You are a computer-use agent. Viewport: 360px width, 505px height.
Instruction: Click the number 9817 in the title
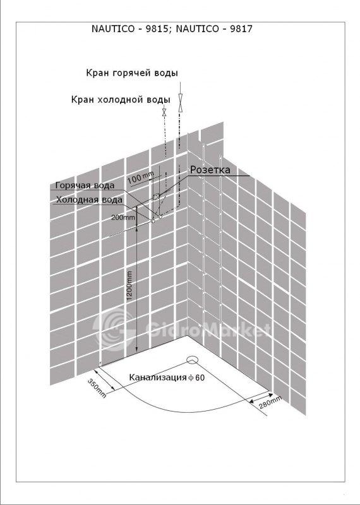241,29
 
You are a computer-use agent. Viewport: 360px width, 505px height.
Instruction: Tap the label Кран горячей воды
132,73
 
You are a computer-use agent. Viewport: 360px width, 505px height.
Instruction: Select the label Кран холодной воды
121,100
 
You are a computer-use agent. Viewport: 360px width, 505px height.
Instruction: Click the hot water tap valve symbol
181,103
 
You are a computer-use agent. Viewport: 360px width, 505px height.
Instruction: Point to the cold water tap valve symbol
164,112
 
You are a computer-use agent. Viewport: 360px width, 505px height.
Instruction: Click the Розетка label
210,170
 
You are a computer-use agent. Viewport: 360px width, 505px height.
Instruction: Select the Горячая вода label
85,186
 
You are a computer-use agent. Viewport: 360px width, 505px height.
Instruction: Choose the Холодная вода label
89,200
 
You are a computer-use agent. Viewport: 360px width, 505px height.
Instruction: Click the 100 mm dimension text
140,178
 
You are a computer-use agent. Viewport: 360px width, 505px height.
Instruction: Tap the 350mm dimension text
97,388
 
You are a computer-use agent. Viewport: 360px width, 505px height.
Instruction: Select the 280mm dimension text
270,402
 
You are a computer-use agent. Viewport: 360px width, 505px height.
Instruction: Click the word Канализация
158,377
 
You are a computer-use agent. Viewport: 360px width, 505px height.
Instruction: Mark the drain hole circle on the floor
193,360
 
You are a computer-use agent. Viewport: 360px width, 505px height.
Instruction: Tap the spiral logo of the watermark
114,328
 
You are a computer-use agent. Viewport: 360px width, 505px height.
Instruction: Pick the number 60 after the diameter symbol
200,377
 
